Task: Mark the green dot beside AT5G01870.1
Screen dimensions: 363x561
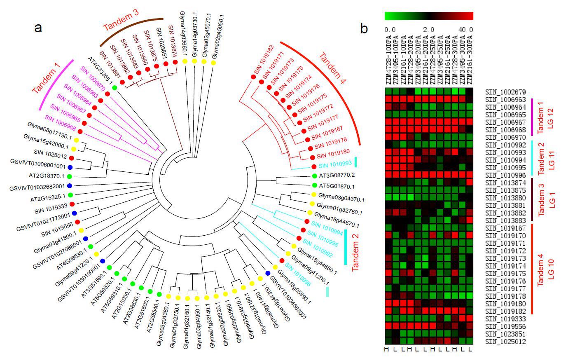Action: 315,185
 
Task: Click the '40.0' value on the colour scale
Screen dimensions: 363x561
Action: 467,29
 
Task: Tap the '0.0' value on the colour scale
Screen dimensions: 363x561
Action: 390,29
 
